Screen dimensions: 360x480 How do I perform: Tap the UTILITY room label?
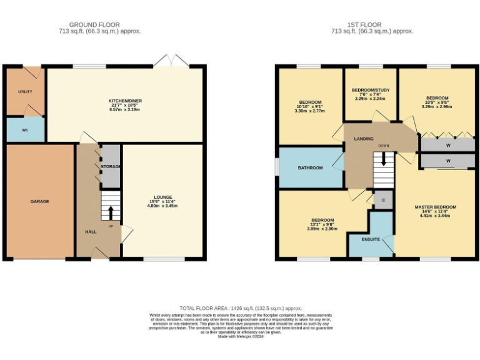[x=25, y=92]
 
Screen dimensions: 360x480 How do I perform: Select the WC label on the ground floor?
[x=25, y=130]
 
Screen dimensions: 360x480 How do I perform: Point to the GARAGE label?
[x=39, y=201]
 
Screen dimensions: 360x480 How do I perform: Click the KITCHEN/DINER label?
[x=126, y=101]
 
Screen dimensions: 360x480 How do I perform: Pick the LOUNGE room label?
[x=163, y=197]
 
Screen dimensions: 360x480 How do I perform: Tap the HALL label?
[x=91, y=232]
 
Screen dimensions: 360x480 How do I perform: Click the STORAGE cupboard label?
[x=112, y=166]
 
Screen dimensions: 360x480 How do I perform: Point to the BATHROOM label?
[x=310, y=167]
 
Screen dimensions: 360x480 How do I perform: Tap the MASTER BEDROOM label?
[x=435, y=207]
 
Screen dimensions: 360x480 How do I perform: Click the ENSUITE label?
[x=371, y=239]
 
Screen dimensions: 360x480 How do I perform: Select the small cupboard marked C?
[x=382, y=199]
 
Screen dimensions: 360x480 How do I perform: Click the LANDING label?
[x=363, y=139]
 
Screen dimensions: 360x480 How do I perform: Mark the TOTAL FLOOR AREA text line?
[x=241, y=308]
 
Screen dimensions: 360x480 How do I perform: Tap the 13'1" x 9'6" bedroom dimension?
[x=322, y=229]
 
